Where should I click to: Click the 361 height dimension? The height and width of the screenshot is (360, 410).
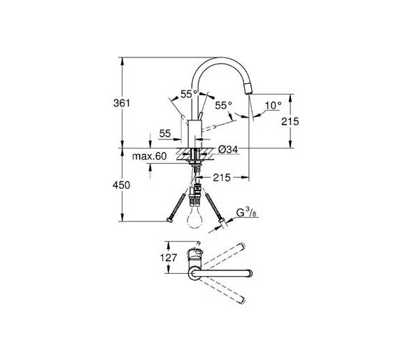click(122, 103)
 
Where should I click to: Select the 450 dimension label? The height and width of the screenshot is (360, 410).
click(121, 185)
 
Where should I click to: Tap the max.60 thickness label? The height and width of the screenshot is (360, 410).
click(149, 156)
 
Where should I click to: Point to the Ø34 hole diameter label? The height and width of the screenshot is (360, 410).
click(228, 150)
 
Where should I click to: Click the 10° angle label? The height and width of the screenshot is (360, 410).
click(274, 106)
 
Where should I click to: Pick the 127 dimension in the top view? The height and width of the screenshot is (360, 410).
click(169, 258)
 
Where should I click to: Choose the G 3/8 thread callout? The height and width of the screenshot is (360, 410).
click(246, 213)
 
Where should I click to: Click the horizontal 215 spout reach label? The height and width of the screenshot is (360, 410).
click(222, 177)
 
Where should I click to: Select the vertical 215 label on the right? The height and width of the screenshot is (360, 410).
click(290, 121)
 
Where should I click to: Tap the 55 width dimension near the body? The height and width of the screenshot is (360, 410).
click(165, 134)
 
